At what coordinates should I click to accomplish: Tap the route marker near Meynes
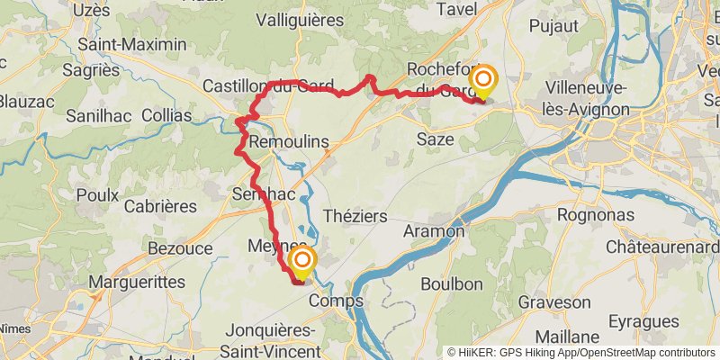click(302, 263)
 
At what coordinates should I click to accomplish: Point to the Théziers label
click(355, 216)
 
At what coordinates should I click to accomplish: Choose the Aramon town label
click(435, 231)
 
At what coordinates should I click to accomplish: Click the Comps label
click(336, 301)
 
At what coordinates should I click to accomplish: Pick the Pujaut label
click(553, 26)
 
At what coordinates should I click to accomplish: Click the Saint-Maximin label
click(132, 44)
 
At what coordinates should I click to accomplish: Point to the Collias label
click(166, 115)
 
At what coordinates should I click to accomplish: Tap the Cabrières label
click(160, 206)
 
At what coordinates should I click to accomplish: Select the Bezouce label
click(179, 247)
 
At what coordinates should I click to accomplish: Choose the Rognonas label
click(596, 216)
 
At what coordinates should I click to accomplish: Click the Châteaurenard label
click(662, 247)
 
